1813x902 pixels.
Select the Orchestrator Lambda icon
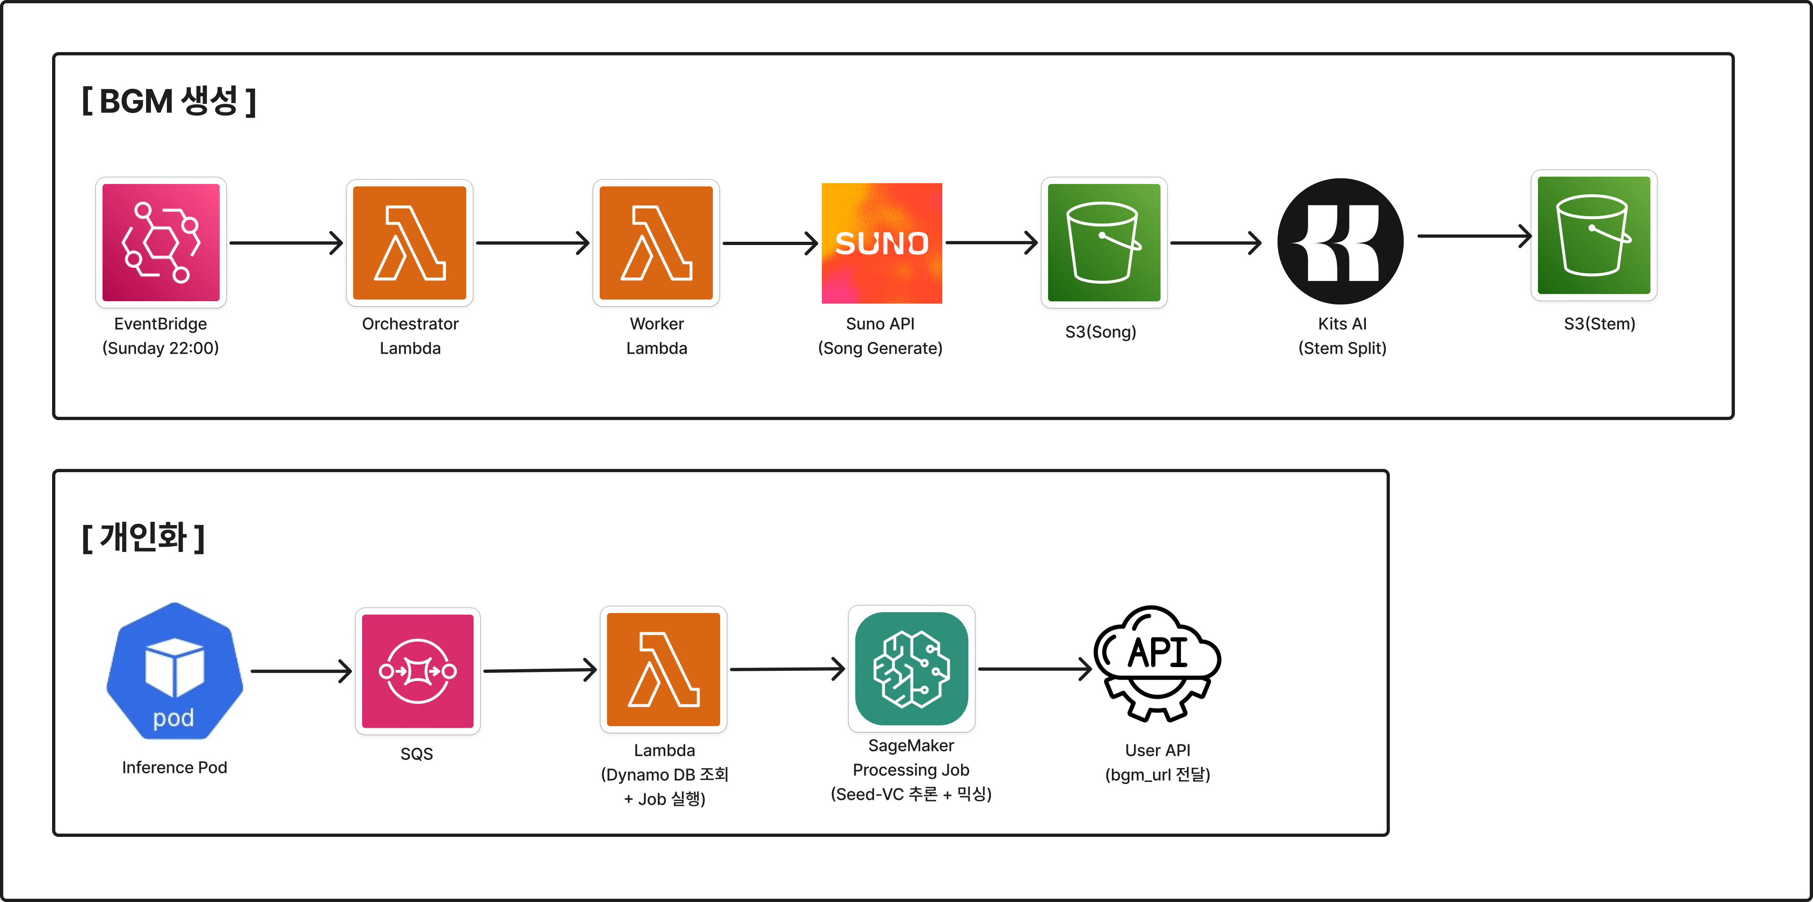coord(410,242)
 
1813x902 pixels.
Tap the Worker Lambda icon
coord(656,242)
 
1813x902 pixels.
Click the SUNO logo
coord(881,243)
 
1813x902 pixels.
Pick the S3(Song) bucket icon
coord(1103,242)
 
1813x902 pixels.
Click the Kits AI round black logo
coord(1340,241)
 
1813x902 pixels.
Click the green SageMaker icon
coord(911,668)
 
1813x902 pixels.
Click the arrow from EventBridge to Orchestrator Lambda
coord(286,243)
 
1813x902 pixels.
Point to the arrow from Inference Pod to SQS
coord(301,671)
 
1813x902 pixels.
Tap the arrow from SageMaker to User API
coord(1035,669)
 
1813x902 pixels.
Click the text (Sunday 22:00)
coord(160,348)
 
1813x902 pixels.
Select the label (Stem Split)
coord(1342,348)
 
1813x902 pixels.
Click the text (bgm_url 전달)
coord(1158,775)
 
